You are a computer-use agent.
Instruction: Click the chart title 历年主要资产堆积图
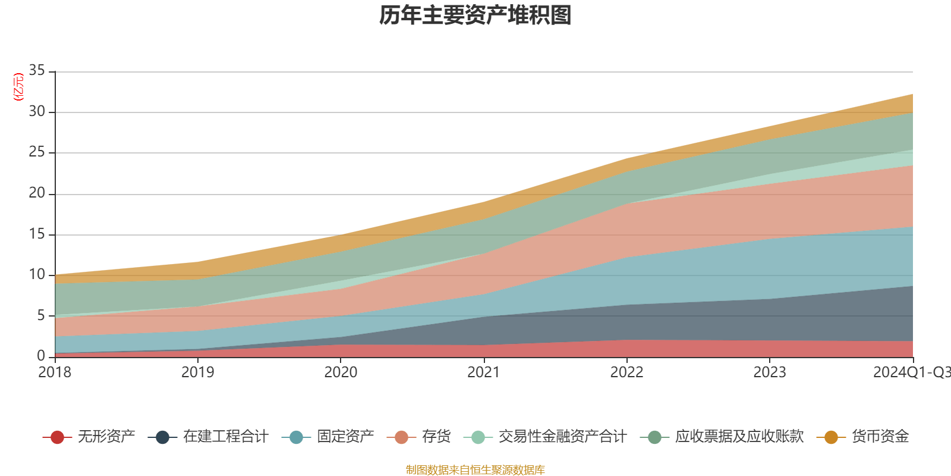pyautogui.click(x=475, y=16)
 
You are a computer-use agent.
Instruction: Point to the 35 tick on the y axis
pyautogui.click(x=37, y=71)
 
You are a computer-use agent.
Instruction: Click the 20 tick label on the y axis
pyautogui.click(x=37, y=193)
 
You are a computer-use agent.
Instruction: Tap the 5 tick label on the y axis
pyautogui.click(x=41, y=315)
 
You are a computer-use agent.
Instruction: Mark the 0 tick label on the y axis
pyautogui.click(x=41, y=356)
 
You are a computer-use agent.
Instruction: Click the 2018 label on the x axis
pyautogui.click(x=55, y=372)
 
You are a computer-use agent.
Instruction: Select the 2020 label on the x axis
pyautogui.click(x=341, y=372)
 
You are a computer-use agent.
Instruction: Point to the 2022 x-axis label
pyautogui.click(x=626, y=372)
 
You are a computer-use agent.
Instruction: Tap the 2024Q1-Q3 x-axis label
pyautogui.click(x=911, y=372)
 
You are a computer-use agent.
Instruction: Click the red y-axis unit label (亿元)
pyautogui.click(x=18, y=87)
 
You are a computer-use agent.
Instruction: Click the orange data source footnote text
pyautogui.click(x=475, y=470)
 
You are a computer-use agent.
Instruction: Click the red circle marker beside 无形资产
pyautogui.click(x=57, y=437)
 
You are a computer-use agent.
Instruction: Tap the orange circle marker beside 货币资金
pyautogui.click(x=831, y=437)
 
